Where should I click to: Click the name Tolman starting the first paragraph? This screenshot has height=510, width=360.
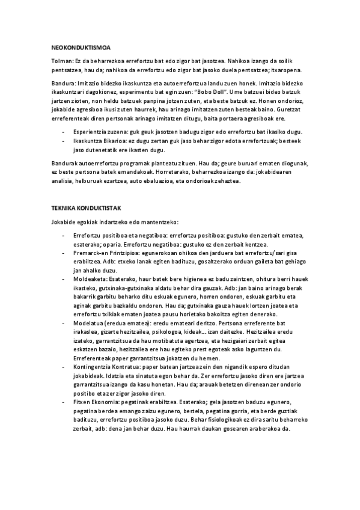(x=61, y=60)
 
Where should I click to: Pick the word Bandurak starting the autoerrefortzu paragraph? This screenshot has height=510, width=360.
(x=65, y=164)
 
